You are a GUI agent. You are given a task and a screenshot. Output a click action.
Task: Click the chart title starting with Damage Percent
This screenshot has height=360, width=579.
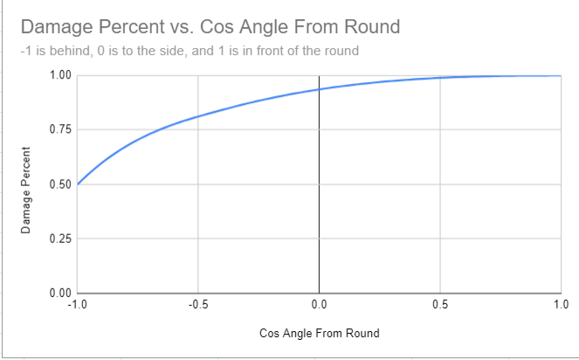coord(210,26)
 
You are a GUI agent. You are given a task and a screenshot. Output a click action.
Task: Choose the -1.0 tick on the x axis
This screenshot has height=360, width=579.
coord(76,305)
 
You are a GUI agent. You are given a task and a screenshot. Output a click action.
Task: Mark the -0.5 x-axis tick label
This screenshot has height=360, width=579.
coord(197,305)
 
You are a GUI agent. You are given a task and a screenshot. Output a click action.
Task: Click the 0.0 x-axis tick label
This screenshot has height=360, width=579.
coord(319,305)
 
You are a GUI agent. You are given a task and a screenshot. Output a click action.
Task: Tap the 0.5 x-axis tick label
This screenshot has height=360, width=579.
coord(440,305)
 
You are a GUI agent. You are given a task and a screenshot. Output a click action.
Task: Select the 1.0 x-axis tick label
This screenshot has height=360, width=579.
coord(561,305)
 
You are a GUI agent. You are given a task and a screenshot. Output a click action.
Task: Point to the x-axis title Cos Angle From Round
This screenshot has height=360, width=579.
coord(319,334)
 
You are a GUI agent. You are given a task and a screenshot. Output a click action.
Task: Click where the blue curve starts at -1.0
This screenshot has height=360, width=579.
coord(78,183)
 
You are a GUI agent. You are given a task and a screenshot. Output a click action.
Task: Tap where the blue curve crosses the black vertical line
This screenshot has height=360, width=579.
coord(319,89)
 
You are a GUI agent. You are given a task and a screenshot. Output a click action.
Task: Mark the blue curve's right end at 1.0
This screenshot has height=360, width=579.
coord(560,76)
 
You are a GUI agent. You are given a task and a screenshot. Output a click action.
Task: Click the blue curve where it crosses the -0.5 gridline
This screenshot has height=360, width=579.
coord(198,116)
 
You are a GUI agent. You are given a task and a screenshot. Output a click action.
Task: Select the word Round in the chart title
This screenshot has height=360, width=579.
coord(370,26)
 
